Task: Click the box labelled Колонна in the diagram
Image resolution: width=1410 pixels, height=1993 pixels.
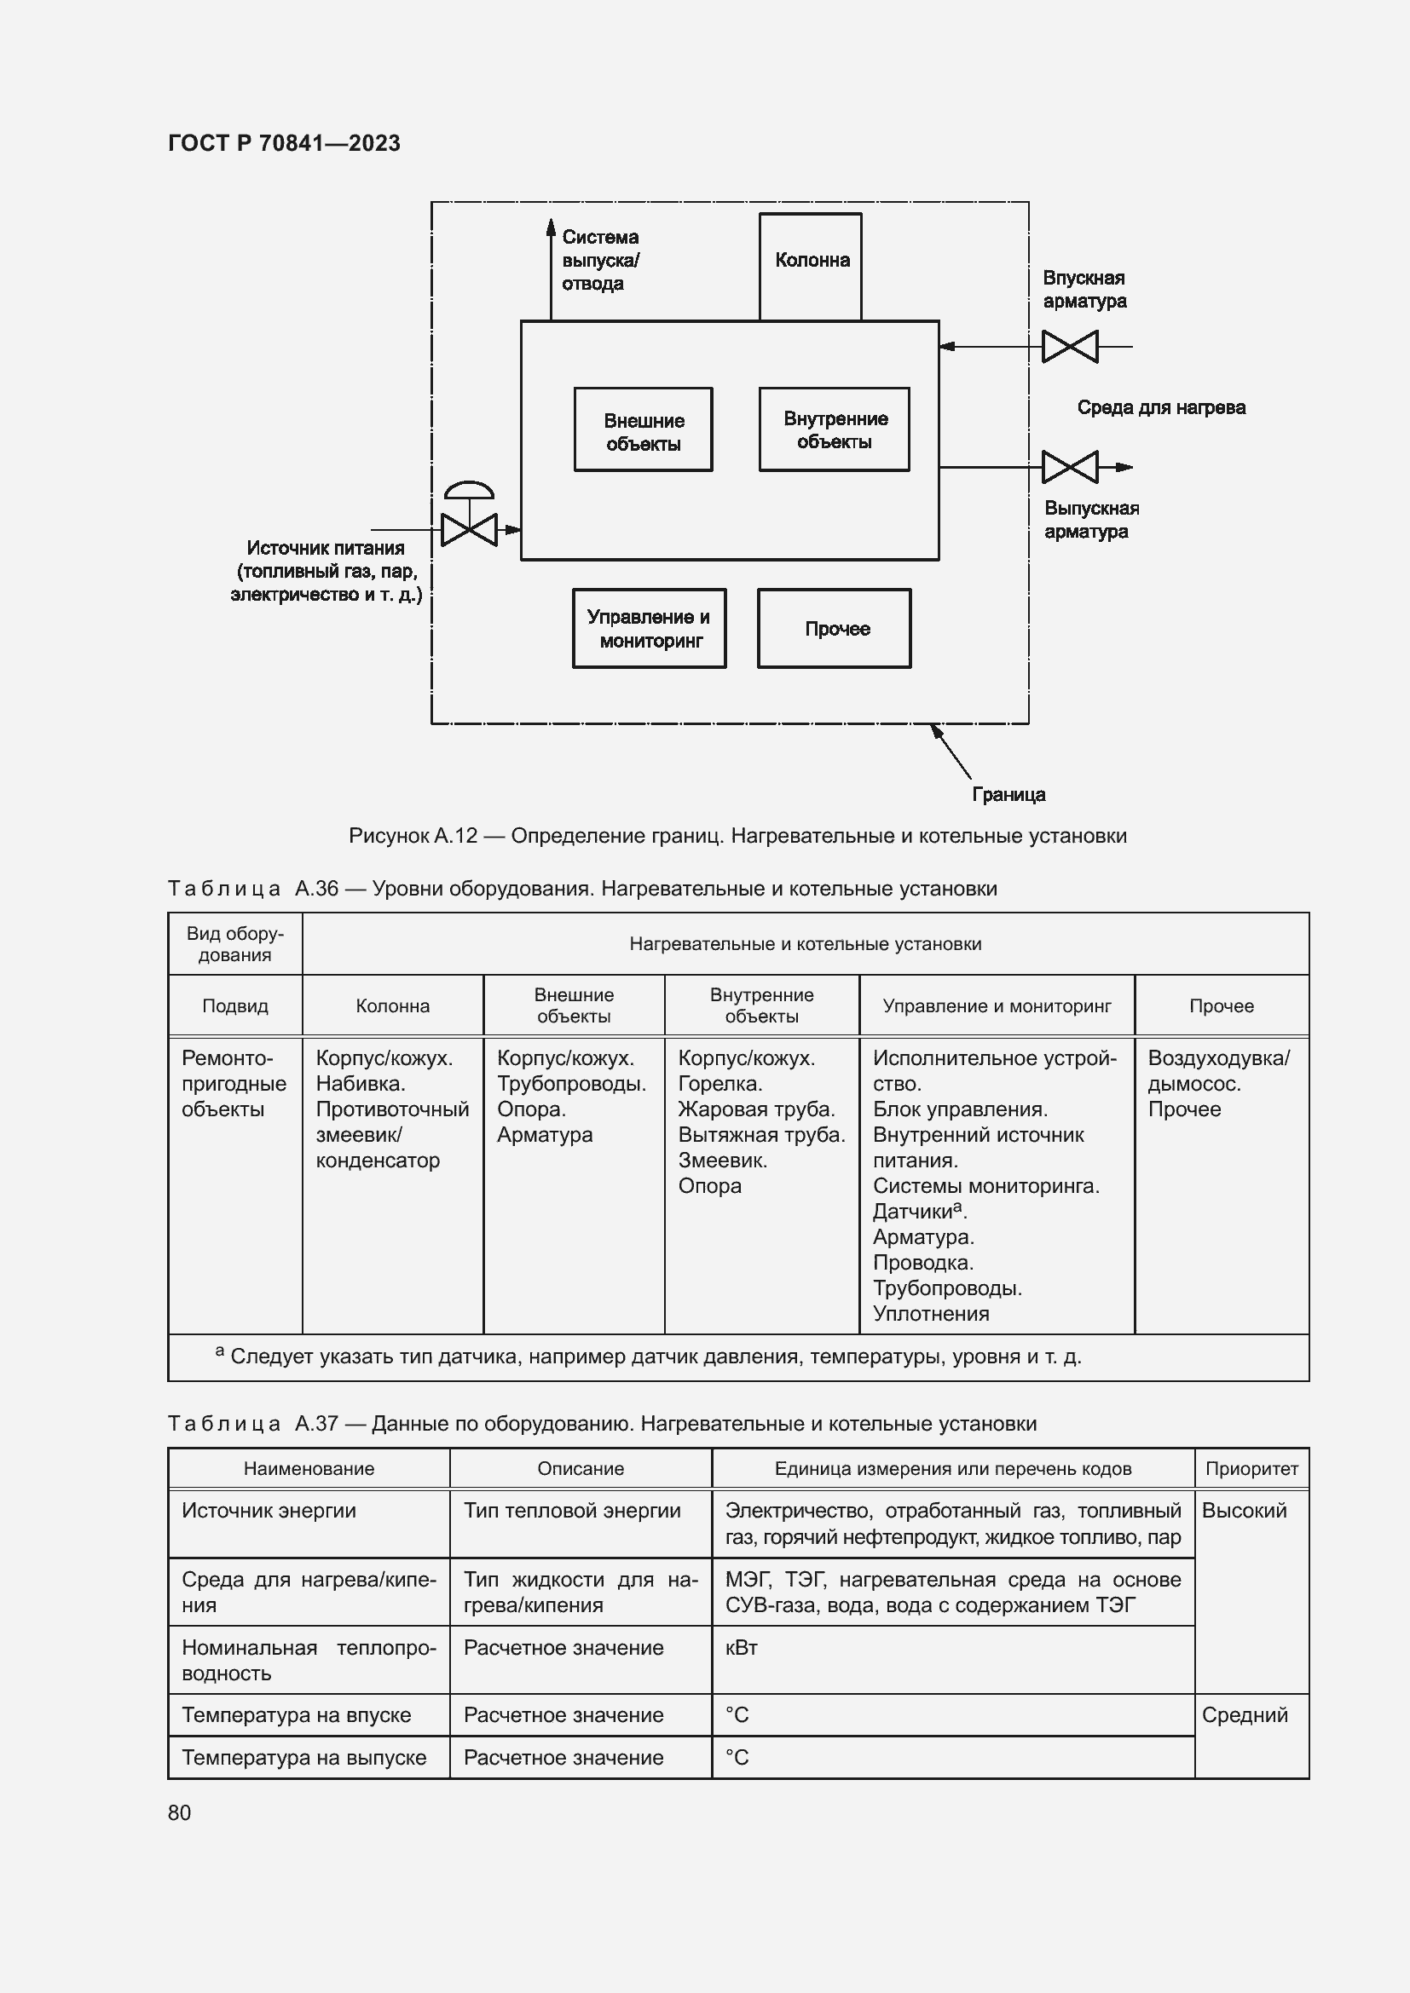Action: pyautogui.click(x=810, y=265)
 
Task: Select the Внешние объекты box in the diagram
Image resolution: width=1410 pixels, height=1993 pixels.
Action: pyautogui.click(x=644, y=430)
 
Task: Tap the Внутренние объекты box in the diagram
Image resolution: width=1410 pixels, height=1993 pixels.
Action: pyautogui.click(x=835, y=429)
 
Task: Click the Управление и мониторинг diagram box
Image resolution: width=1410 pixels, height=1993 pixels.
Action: pyautogui.click(x=650, y=629)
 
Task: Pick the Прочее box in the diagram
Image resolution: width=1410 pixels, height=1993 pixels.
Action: pyautogui.click(x=835, y=629)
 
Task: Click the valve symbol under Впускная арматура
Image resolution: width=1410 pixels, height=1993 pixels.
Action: pyautogui.click(x=1070, y=346)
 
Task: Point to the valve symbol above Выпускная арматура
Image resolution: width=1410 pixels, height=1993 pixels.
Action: pyautogui.click(x=1070, y=467)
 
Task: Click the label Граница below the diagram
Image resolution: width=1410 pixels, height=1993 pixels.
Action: pyautogui.click(x=1008, y=794)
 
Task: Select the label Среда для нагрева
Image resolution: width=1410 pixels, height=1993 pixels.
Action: pyautogui.click(x=1161, y=407)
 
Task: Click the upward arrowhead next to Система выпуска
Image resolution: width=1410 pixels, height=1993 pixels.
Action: pyautogui.click(x=551, y=228)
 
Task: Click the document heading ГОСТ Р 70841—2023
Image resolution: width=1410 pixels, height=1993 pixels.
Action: pyautogui.click(x=284, y=143)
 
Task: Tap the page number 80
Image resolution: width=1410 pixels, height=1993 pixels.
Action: pyautogui.click(x=179, y=1812)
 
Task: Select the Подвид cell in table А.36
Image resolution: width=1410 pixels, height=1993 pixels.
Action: pyautogui.click(x=235, y=1005)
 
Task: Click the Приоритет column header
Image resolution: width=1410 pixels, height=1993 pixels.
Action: pyautogui.click(x=1251, y=1469)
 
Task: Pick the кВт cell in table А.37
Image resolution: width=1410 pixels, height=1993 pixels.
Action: pyautogui.click(x=742, y=1648)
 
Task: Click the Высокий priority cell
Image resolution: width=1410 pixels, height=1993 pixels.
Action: pyautogui.click(x=1243, y=1511)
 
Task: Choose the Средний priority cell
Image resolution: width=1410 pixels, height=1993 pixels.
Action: pyautogui.click(x=1244, y=1714)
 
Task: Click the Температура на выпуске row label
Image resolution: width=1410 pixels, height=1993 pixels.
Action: pyautogui.click(x=303, y=1757)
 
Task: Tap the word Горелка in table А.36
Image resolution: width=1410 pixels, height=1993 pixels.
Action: pyautogui.click(x=719, y=1083)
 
